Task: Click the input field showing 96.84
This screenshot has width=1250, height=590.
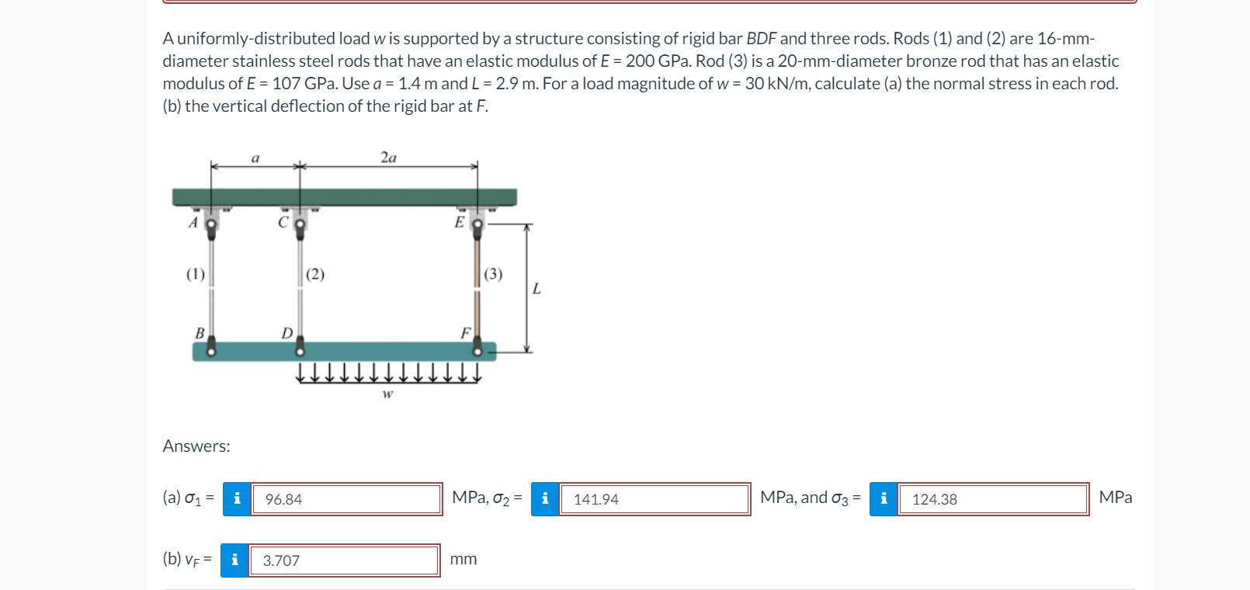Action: click(346, 499)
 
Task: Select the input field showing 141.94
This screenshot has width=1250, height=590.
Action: click(654, 499)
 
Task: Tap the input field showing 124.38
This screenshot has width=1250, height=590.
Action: click(993, 499)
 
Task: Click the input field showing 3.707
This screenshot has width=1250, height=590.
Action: click(344, 560)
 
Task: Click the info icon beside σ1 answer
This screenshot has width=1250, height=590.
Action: click(237, 499)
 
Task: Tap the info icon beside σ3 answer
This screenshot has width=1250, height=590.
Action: click(884, 499)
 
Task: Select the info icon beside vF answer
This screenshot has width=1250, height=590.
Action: click(234, 560)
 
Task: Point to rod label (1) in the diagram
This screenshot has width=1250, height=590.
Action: click(196, 274)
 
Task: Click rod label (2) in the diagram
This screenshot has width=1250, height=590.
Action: click(315, 274)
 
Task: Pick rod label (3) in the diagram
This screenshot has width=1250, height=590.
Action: click(493, 274)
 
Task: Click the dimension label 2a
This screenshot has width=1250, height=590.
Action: click(388, 158)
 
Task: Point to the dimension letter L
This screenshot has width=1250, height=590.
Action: click(536, 289)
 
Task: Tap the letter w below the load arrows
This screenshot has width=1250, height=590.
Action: click(387, 394)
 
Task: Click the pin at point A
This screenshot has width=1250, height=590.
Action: click(210, 224)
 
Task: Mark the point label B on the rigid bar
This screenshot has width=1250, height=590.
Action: click(200, 333)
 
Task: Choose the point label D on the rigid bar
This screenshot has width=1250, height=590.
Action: click(286, 333)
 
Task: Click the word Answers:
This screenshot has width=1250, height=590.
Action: click(196, 446)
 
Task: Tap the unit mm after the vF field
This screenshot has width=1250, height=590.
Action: click(464, 560)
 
